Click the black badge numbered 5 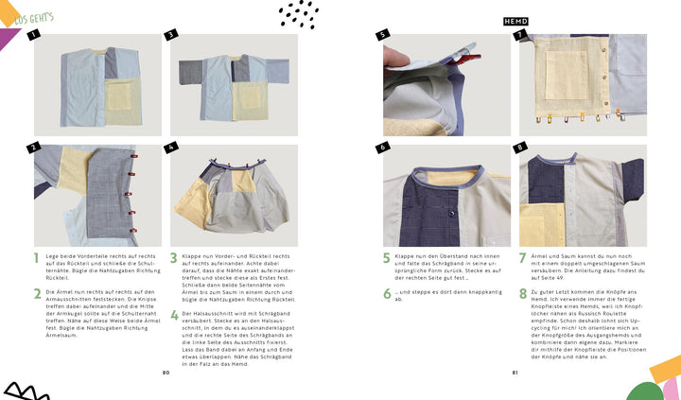point(382,35)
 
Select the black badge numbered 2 point(33,148)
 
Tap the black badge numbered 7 point(519,35)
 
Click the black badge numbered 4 point(171,148)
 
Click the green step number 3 point(173,257)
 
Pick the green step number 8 point(523,294)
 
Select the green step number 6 point(387,294)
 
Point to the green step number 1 point(37,257)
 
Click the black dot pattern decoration point(299,13)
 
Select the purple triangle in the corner point(9,38)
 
